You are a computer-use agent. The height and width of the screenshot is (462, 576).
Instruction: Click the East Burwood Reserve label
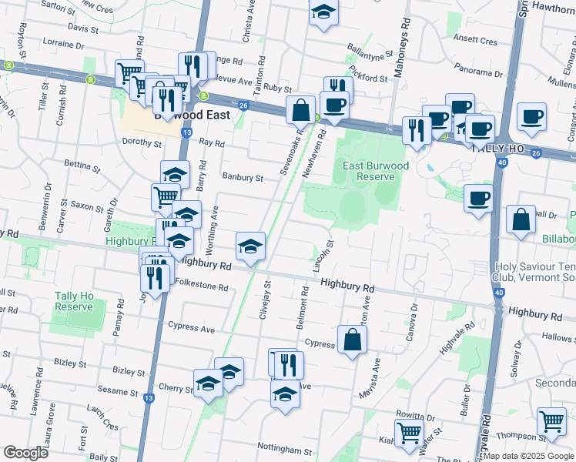click(365, 169)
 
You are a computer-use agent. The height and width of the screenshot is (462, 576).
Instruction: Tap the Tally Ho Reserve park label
click(74, 301)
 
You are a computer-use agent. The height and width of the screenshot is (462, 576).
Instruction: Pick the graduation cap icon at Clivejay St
click(250, 246)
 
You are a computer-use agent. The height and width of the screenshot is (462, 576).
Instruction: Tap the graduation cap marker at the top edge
click(323, 12)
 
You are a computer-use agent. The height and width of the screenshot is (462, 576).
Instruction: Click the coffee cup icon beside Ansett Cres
click(532, 117)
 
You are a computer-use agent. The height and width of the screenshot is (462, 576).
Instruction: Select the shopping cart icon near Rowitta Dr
click(408, 433)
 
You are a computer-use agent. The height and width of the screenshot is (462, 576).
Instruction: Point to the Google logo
click(25, 453)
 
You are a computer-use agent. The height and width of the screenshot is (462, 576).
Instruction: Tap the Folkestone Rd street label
click(203, 287)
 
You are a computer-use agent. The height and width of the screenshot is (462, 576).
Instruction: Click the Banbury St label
click(243, 177)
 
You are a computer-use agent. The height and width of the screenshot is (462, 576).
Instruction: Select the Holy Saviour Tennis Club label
click(534, 273)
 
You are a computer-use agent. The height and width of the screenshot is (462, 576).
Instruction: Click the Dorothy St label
click(142, 142)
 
